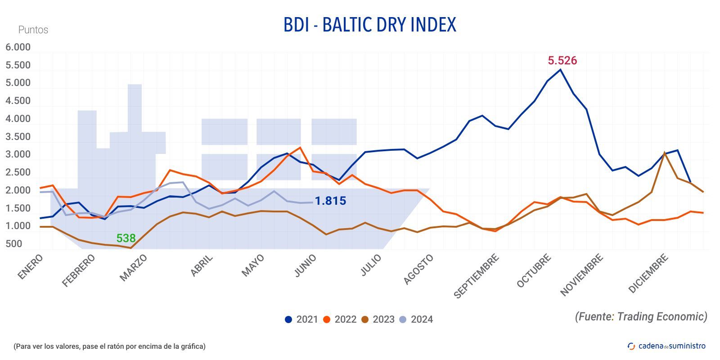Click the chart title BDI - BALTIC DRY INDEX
pyautogui.click(x=369, y=25)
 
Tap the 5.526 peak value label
pyautogui.click(x=562, y=60)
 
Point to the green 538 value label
pyautogui.click(x=126, y=238)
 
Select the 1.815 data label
pyautogui.click(x=330, y=201)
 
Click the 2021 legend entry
pyautogui.click(x=301, y=319)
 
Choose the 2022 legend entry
pyautogui.click(x=340, y=319)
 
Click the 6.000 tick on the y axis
pyautogui.click(x=18, y=47)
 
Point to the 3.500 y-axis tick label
pyautogui.click(x=18, y=137)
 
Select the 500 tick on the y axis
pyautogui.click(x=14, y=244)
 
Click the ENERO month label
pyautogui.click(x=31, y=267)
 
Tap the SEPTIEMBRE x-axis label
pyautogui.click(x=477, y=276)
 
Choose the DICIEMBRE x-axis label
pyautogui.click(x=648, y=274)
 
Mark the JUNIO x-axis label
pyautogui.click(x=306, y=265)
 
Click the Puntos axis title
pyautogui.click(x=33, y=30)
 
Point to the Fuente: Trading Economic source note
pyautogui.click(x=641, y=316)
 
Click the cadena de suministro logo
pyautogui.click(x=666, y=346)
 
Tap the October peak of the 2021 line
pyautogui.click(x=560, y=70)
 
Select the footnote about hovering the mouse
pyautogui.click(x=109, y=346)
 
